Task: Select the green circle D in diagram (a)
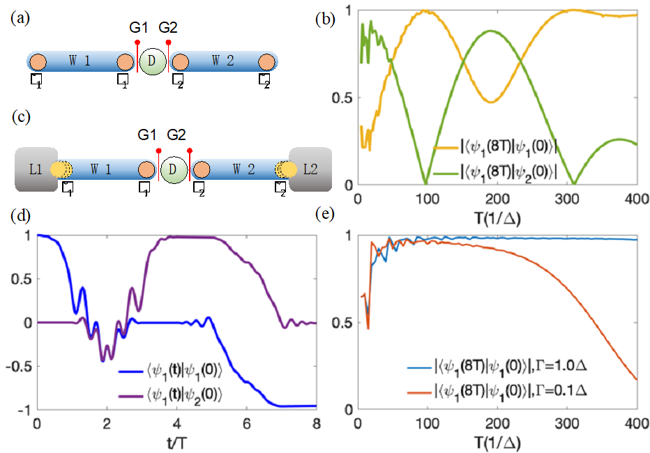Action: (x=152, y=61)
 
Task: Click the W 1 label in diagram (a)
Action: (x=79, y=61)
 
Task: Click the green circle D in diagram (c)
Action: (x=174, y=169)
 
